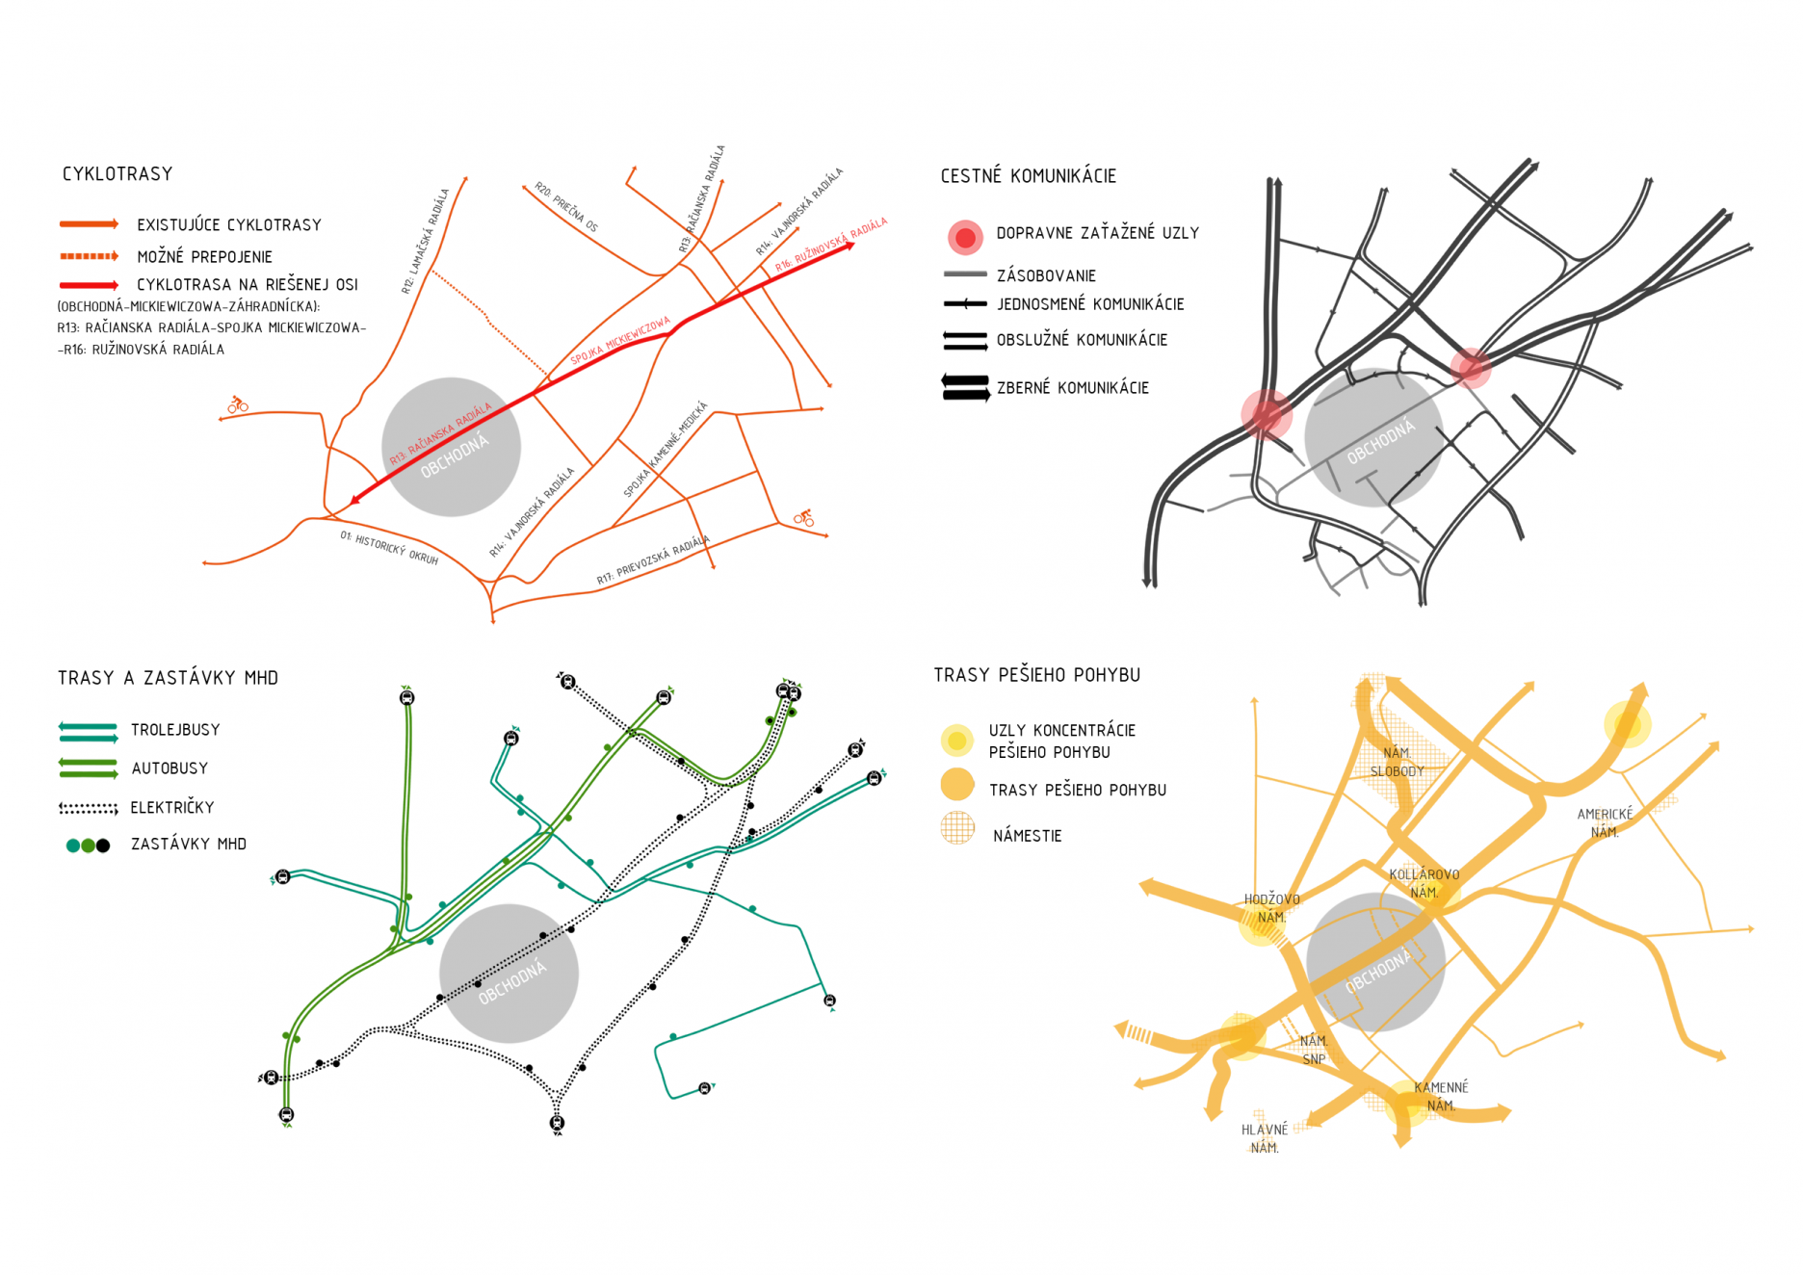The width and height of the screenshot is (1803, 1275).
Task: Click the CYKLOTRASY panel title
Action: pos(118,174)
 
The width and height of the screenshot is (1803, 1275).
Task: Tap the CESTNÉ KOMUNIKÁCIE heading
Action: pos(1028,176)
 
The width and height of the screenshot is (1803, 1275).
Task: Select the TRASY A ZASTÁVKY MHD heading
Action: pos(168,678)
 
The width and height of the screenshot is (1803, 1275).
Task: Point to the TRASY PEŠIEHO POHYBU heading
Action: pos(1036,675)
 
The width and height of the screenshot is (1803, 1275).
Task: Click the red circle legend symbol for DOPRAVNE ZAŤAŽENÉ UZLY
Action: pos(965,237)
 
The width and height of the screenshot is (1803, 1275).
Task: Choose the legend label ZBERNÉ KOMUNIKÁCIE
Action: pos(1072,388)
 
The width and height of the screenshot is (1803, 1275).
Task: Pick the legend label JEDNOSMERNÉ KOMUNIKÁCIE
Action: pos(1089,304)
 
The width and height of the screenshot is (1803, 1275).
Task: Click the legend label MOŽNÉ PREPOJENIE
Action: pos(204,257)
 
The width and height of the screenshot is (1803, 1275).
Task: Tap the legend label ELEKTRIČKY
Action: pos(172,808)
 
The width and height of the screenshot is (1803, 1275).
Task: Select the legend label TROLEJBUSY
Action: pos(175,730)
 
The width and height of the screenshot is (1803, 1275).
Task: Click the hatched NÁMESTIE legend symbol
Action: pos(957,828)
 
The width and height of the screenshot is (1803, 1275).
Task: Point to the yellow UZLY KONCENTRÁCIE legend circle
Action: pos(956,741)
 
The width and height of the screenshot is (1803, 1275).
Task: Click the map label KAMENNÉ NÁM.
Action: pos(1441,1097)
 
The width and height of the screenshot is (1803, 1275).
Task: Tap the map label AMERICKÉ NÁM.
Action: pos(1605,823)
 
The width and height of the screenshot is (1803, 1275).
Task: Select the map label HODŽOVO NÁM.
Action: pos(1271,908)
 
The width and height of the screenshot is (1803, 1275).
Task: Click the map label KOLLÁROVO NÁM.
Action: pos(1424,883)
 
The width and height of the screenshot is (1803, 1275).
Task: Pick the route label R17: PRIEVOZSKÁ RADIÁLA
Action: pos(653,559)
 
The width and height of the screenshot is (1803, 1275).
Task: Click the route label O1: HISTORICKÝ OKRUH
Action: pos(388,548)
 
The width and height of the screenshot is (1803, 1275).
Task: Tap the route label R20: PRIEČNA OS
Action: pos(566,207)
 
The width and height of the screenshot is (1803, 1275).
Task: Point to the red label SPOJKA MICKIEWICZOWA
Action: pos(619,341)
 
